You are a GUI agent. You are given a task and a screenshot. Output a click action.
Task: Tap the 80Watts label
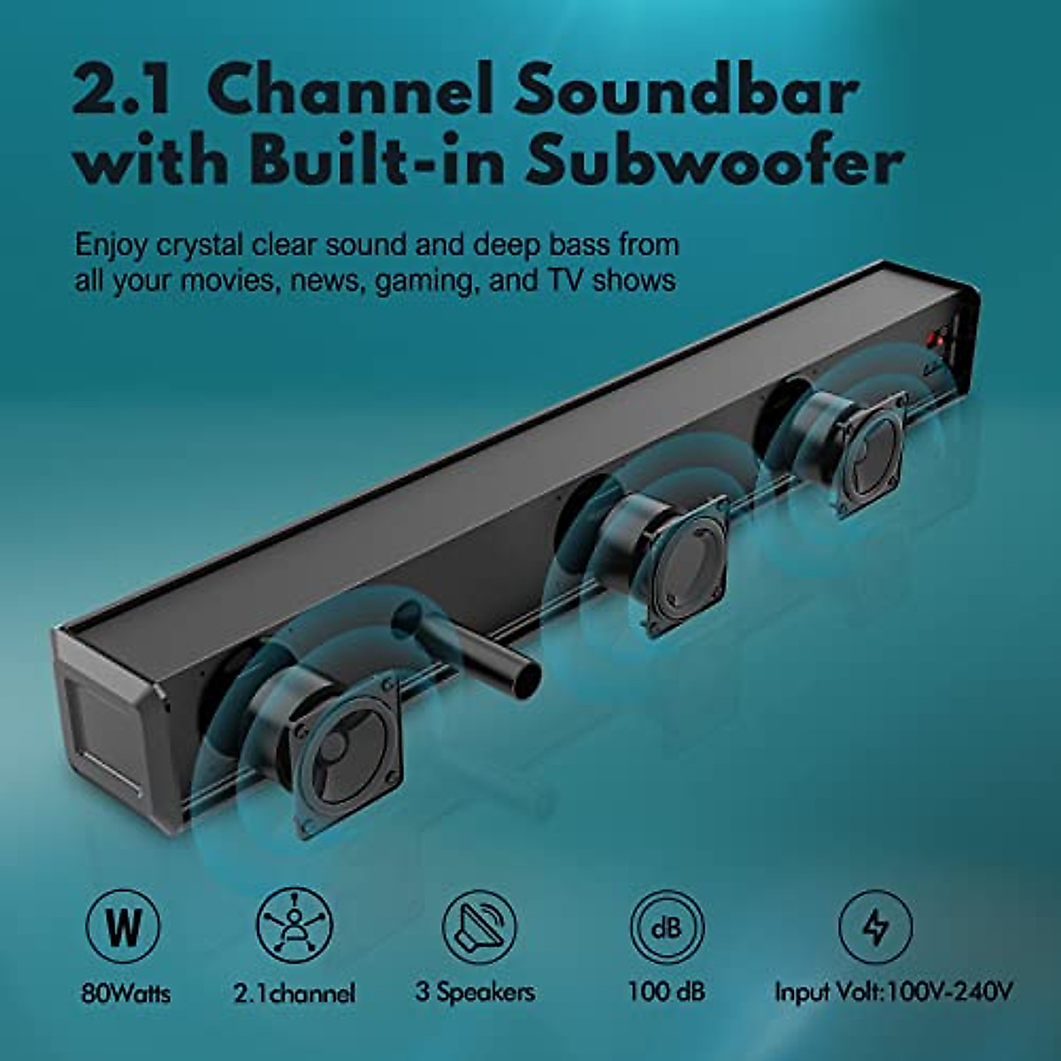[x=126, y=992]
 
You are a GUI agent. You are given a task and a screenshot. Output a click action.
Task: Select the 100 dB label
[x=667, y=991]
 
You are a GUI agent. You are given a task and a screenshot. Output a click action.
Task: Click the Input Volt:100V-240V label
[x=893, y=992]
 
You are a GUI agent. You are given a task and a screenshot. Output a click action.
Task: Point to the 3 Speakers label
[x=476, y=991]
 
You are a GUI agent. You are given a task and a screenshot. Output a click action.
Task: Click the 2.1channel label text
[x=294, y=992]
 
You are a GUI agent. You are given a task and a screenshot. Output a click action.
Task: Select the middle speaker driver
[x=679, y=566]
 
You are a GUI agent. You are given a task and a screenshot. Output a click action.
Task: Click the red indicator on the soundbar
[x=936, y=339]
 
